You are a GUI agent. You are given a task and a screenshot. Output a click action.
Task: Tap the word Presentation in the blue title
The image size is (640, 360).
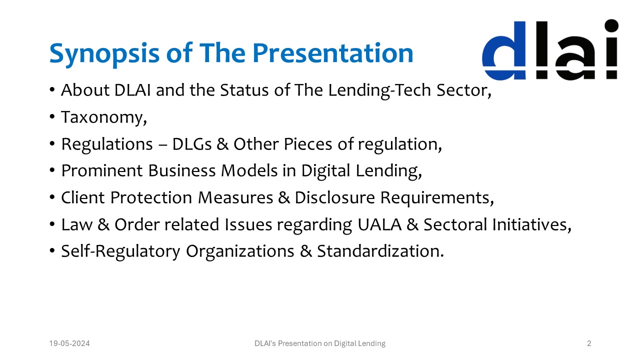tap(332, 52)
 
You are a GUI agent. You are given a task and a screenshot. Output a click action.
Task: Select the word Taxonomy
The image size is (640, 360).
tap(103, 117)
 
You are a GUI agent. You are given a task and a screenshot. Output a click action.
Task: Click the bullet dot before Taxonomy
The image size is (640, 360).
tap(52, 117)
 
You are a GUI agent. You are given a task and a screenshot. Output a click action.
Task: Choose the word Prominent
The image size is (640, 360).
tap(101, 171)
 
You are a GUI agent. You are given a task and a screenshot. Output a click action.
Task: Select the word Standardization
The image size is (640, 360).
tap(380, 251)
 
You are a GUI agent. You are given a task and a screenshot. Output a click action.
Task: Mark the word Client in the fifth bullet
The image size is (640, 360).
tap(83, 198)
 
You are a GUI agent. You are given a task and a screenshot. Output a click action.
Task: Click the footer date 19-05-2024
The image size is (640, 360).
tap(69, 343)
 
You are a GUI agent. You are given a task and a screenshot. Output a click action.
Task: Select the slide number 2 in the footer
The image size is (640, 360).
tap(589, 343)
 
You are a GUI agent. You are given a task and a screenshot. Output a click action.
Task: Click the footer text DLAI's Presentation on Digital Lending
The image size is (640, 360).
tap(320, 343)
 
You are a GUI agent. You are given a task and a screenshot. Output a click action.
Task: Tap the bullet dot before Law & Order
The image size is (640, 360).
tap(52, 225)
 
